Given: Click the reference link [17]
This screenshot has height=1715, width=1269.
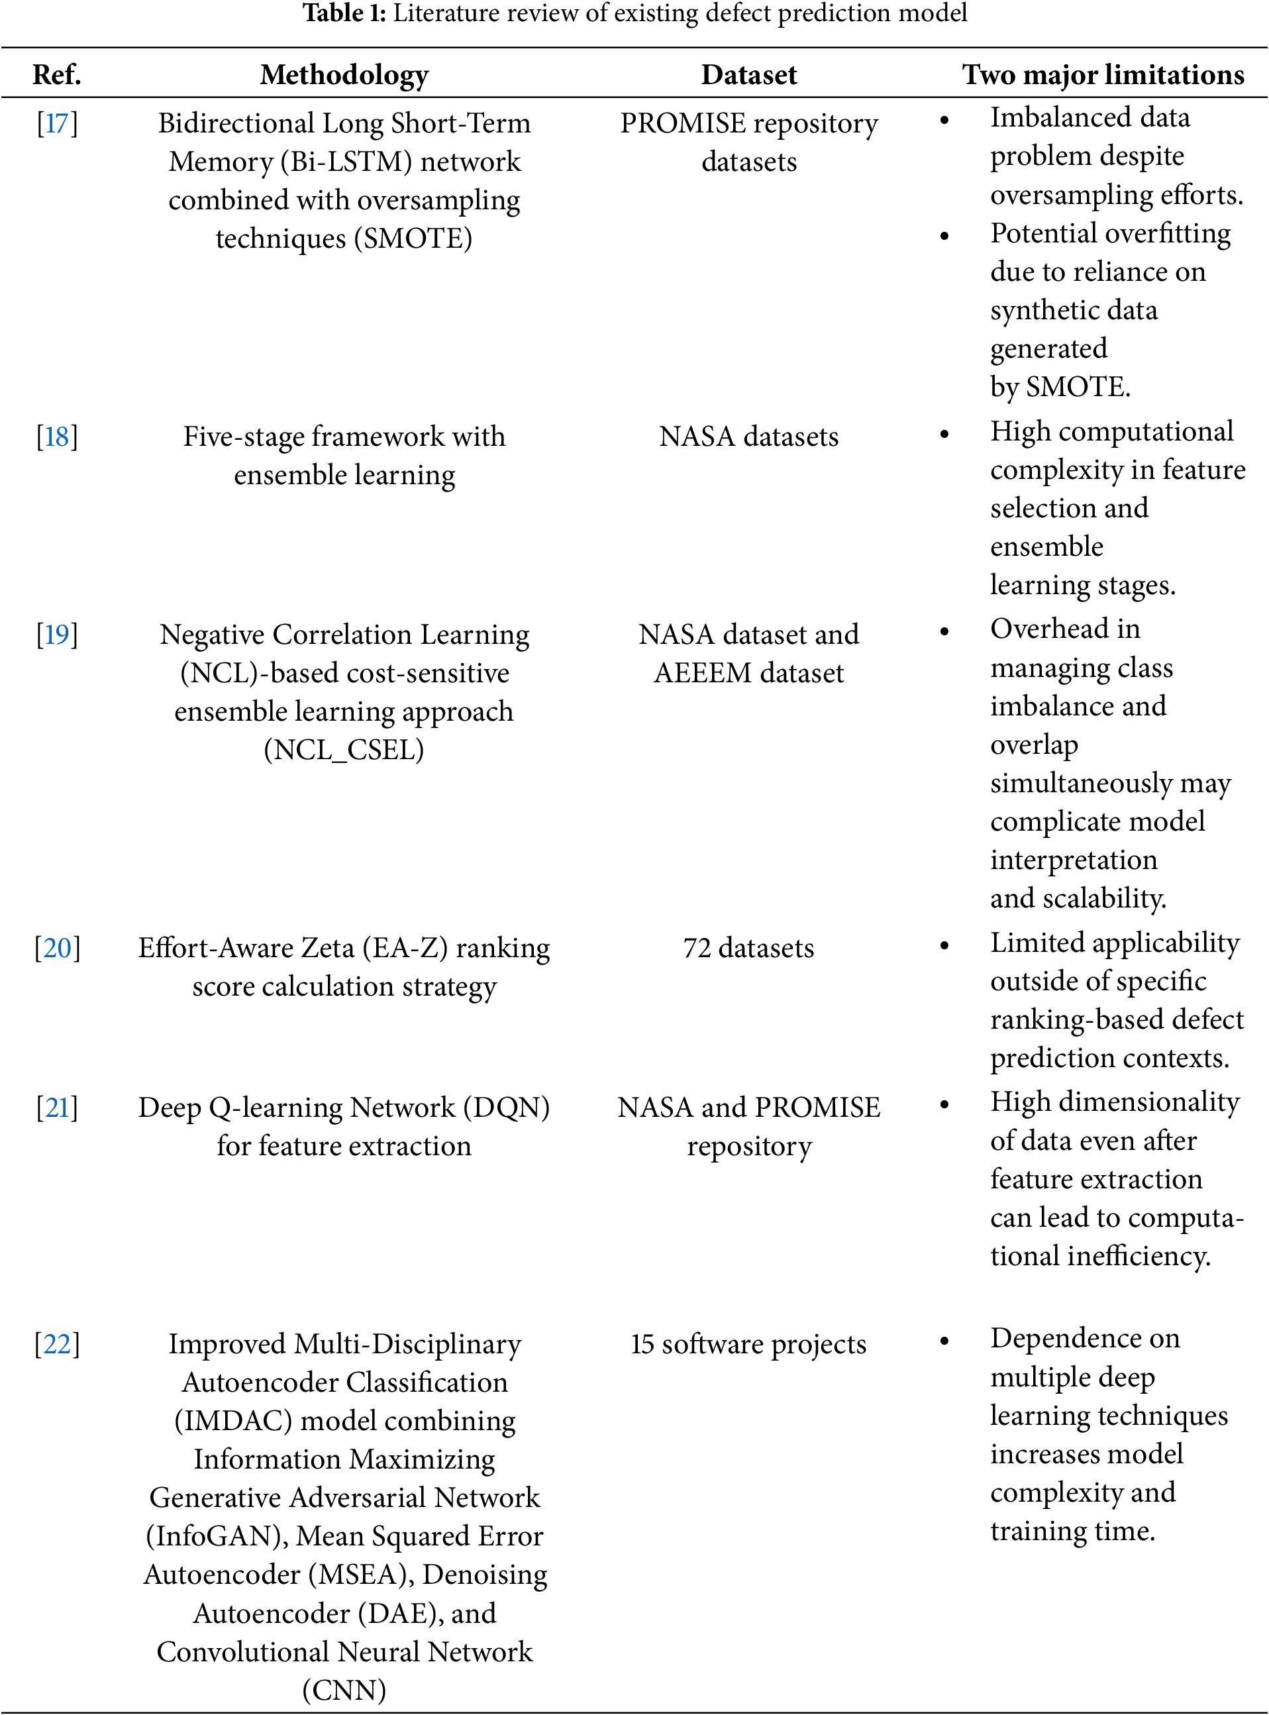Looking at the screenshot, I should click(57, 124).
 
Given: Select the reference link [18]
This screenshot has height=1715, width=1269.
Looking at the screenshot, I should click(57, 437).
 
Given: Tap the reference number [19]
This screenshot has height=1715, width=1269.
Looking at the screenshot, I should click(57, 635).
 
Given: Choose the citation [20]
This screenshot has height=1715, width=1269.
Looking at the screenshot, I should click(57, 948).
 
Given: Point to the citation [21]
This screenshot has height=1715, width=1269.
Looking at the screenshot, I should click(57, 1108).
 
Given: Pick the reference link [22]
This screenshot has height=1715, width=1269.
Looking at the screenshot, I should click(57, 1345).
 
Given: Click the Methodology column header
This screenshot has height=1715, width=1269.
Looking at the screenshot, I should click(344, 75).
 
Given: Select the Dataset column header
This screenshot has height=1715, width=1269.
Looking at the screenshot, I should click(749, 75).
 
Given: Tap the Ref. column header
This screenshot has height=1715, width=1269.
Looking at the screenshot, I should click(57, 75).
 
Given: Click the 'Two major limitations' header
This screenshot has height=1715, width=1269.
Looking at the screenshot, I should click(1103, 75).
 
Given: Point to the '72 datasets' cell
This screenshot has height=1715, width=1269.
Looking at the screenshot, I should click(749, 948).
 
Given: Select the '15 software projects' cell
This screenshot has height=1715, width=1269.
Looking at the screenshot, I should click(749, 1345).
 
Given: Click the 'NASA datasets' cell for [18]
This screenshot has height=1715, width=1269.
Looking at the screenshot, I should click(749, 437).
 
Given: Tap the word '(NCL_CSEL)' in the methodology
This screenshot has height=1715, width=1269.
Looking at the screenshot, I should click(344, 750).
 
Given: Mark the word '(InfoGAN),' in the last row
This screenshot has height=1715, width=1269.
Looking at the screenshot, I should click(217, 1537).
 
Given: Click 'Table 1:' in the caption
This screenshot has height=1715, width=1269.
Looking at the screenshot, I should click(344, 13).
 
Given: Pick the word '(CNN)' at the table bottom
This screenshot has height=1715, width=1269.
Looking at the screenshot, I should click(344, 1690).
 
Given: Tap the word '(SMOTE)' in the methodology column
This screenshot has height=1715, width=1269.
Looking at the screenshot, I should click(413, 239).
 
